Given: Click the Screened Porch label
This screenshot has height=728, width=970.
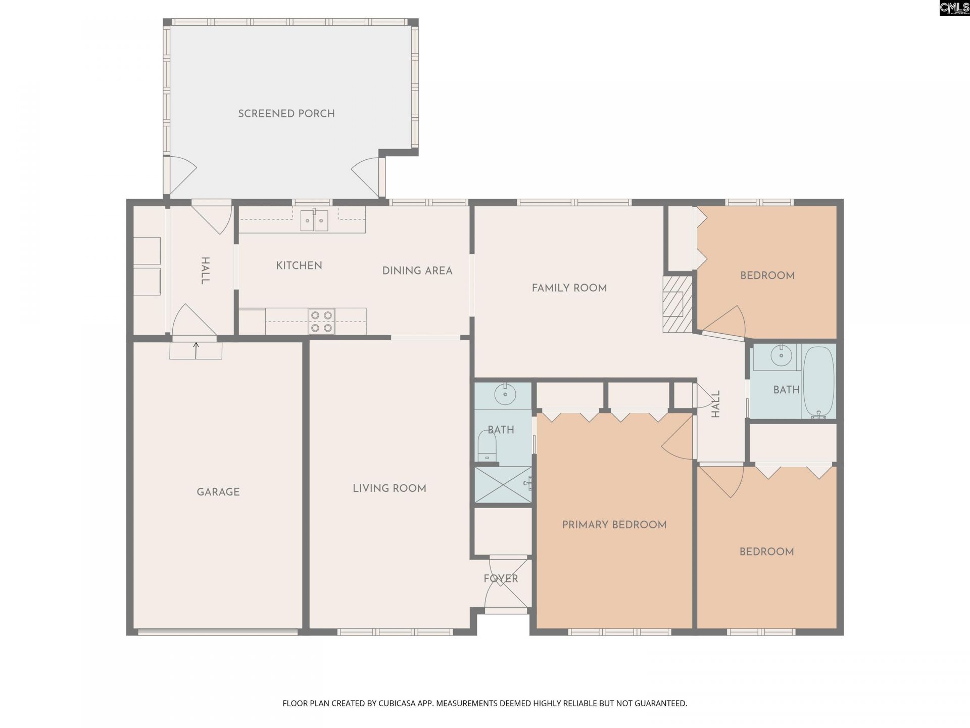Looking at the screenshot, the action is coord(286,114).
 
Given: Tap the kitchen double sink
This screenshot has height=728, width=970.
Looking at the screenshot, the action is coord(314,220).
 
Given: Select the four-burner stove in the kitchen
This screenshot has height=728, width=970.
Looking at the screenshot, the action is coord(322,322).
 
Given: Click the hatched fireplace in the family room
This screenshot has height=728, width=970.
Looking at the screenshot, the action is coord(677,304).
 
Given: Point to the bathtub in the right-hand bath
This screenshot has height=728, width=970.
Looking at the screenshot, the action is coord(818,382).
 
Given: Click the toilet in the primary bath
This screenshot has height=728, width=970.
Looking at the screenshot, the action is coord(487,445).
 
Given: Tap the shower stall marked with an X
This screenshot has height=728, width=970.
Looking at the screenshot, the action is coord(503,484).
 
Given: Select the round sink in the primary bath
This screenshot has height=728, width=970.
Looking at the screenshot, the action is coord(504,394).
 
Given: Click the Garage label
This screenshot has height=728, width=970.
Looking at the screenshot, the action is coord(218,492).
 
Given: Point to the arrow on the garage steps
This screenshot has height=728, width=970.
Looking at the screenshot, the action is coord(196,350).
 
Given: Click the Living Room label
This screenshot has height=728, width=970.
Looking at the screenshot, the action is coord(390,488).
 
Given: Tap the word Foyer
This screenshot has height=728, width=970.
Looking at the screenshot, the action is coord(501,578).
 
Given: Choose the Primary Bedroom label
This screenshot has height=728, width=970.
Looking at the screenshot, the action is coord(614,525).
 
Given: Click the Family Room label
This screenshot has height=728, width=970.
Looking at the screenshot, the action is coord(569,288).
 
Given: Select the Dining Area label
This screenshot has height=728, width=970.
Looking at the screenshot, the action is coord(417,271).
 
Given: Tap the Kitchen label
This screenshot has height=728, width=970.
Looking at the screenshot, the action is coord(299,265).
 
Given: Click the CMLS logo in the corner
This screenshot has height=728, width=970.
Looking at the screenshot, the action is coord(954,8).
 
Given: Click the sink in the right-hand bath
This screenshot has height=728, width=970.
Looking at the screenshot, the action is coord(782,356).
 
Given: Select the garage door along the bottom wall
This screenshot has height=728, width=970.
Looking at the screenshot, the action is coord(218,631).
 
